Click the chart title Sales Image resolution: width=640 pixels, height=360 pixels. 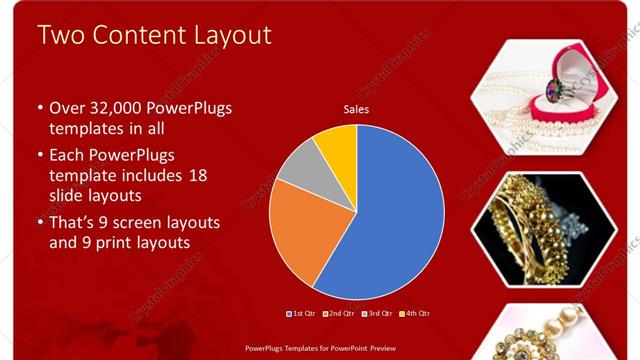(356, 109)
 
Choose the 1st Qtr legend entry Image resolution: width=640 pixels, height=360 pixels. (303, 314)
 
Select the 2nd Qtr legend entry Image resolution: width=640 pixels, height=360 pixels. (342, 314)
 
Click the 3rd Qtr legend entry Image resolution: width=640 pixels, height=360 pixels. (379, 314)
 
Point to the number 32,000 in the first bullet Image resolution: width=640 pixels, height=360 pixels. (114, 108)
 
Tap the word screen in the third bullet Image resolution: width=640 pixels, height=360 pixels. (141, 221)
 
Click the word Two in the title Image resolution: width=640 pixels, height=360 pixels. (61, 35)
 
